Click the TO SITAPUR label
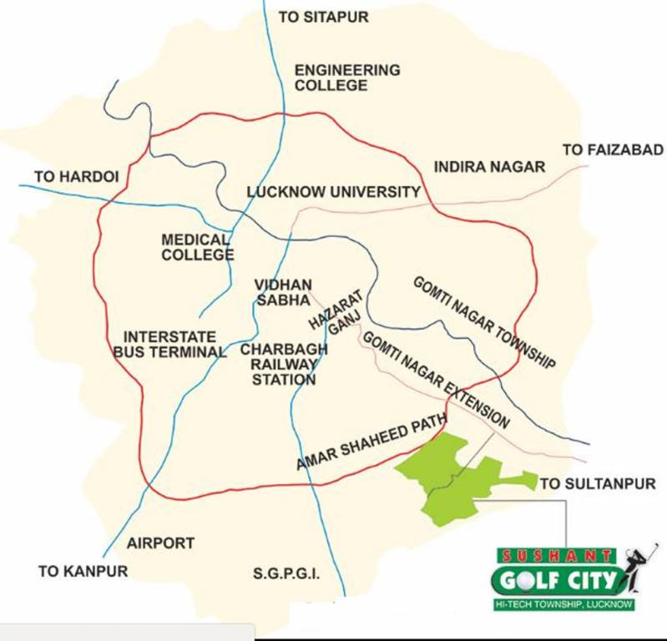(x=323, y=17)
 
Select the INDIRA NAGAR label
(x=489, y=167)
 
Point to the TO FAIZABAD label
(x=612, y=150)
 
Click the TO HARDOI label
(x=77, y=177)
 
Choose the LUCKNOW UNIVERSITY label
(x=334, y=193)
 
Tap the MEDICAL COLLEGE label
(x=198, y=247)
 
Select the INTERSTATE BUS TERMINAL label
(x=170, y=344)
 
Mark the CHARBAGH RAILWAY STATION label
(x=284, y=365)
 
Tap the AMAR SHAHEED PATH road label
(x=371, y=443)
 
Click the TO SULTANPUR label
(x=599, y=483)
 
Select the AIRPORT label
(x=160, y=543)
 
